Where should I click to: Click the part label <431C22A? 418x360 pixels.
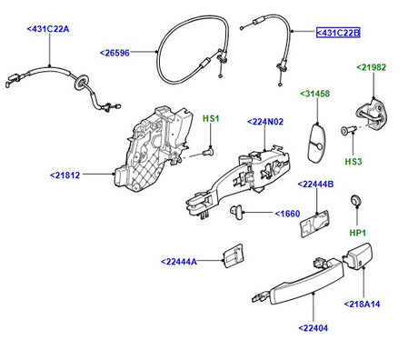[48, 29]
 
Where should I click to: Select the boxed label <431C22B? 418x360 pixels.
[338, 33]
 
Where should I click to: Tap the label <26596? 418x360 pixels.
[114, 53]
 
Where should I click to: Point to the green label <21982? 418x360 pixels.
[372, 67]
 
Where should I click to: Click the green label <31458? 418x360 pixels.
[314, 94]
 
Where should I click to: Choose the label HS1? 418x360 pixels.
[211, 118]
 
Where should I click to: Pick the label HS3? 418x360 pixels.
[353, 162]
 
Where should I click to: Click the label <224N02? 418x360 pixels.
[265, 122]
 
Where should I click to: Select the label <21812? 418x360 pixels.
[65, 175]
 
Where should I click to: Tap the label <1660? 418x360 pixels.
[287, 214]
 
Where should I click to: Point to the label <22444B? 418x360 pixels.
[315, 185]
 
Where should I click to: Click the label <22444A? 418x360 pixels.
[179, 262]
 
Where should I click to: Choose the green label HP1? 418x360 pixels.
[358, 233]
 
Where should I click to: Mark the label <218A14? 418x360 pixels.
[362, 304]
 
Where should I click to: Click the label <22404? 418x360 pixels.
[313, 328]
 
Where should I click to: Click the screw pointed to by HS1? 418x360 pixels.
[209, 151]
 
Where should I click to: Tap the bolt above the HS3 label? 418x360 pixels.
[347, 131]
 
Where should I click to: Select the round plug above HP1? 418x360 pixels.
[355, 200]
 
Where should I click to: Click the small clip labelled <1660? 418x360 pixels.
[236, 211]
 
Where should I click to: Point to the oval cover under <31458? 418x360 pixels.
[316, 143]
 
